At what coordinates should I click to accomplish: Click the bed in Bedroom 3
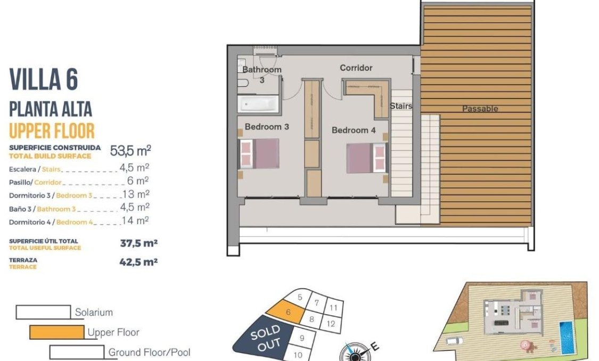tap(260, 154)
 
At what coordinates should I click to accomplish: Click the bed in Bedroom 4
tap(365, 158)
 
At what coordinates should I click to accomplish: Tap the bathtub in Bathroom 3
tap(258, 104)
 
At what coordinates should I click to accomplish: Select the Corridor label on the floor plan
tap(356, 68)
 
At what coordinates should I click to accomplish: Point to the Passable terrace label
tap(480, 109)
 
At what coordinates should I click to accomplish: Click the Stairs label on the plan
tap(401, 106)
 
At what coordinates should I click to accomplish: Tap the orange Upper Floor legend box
tap(56, 332)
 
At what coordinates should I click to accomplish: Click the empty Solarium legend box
tap(43, 312)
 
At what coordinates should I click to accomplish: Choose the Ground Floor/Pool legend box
tap(77, 352)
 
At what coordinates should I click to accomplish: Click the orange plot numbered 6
tap(288, 313)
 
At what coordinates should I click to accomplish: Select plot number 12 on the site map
tap(330, 323)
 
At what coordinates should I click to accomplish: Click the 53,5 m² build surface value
tap(130, 151)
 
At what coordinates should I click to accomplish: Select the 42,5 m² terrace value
tap(139, 261)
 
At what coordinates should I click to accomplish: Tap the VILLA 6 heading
tap(44, 80)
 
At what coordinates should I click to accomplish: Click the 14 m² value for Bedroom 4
tap(135, 220)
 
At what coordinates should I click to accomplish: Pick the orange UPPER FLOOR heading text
tap(52, 130)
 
